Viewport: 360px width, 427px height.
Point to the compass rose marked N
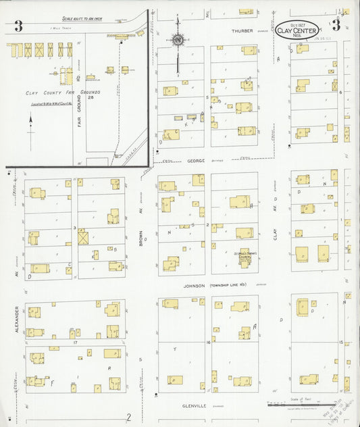[x=178, y=41]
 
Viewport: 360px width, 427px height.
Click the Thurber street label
[x=242, y=31]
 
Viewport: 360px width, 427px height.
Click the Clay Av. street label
[x=275, y=233]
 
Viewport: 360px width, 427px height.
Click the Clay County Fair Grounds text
[x=63, y=92]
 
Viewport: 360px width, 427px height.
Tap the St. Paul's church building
[x=243, y=260]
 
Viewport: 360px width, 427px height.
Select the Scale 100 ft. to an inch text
[x=82, y=18]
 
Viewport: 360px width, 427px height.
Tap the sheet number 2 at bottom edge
[x=128, y=417]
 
